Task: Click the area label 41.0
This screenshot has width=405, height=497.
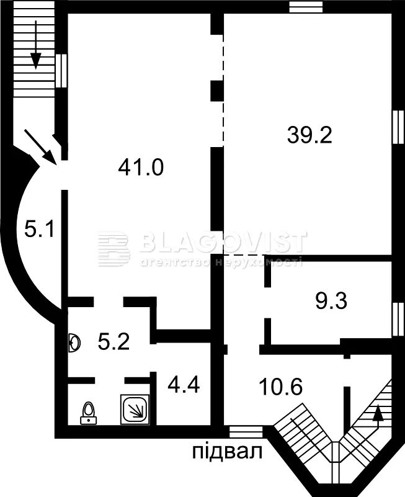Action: click(141, 168)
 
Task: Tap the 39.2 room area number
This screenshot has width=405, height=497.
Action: click(309, 135)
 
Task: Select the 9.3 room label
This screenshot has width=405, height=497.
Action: click(331, 301)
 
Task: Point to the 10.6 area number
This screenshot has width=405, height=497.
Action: click(281, 387)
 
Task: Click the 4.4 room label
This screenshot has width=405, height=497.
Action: click(184, 385)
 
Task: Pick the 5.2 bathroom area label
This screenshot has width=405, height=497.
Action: click(113, 342)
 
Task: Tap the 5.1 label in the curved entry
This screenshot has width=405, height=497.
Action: click(40, 230)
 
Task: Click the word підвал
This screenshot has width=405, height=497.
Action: click(228, 451)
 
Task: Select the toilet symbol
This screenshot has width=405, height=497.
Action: click(89, 413)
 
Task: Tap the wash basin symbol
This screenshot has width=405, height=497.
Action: click(74, 343)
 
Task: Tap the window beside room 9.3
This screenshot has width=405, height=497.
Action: click(398, 319)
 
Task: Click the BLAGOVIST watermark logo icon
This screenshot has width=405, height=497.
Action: click(113, 249)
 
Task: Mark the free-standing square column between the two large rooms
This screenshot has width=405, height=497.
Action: click(218, 91)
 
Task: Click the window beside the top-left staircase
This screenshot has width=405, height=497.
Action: click(61, 71)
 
